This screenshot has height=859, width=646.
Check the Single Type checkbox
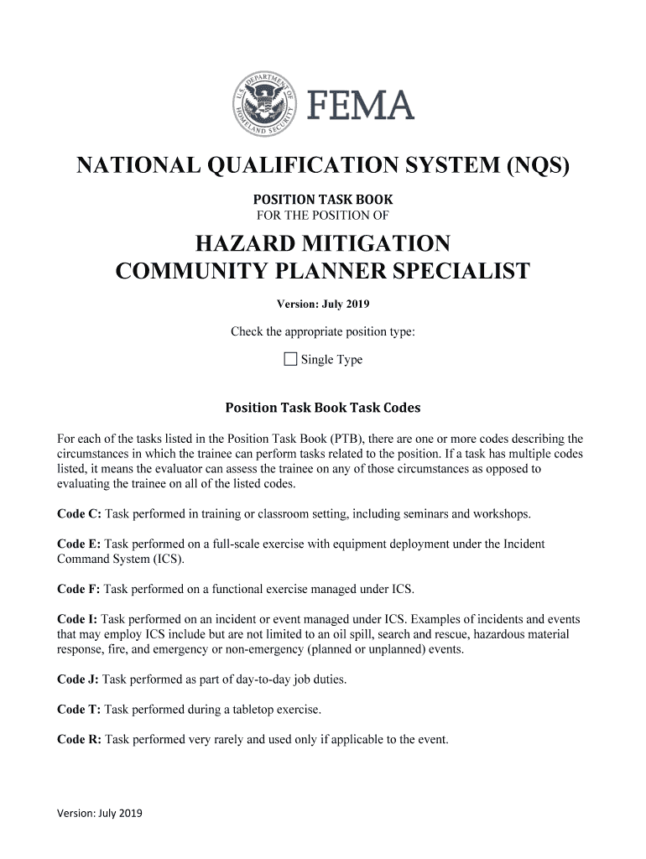coord(290,360)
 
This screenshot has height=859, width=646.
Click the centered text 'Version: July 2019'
coord(323,304)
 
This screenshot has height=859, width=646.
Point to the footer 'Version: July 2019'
coord(100,813)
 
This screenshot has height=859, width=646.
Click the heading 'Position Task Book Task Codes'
coord(323,408)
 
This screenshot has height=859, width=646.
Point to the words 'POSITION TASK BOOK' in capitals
coord(323,200)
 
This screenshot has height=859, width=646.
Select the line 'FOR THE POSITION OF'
coord(323,214)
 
